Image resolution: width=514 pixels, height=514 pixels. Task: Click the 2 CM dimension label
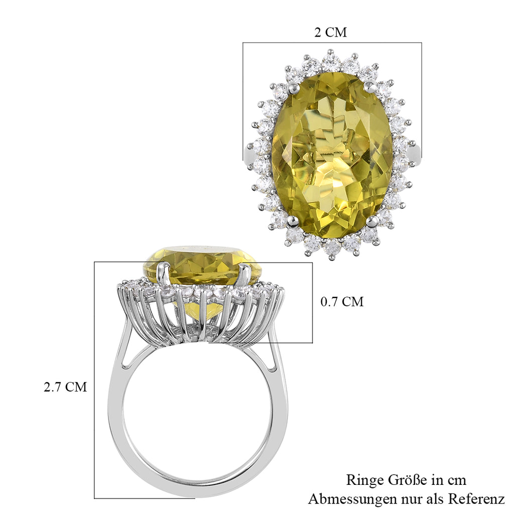pyautogui.click(x=330, y=33)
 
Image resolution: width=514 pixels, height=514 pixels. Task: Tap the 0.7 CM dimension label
pyautogui.click(x=342, y=302)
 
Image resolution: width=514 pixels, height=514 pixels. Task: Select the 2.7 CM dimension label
pyautogui.click(x=65, y=387)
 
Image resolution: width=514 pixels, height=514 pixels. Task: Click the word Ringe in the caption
pyautogui.click(x=365, y=480)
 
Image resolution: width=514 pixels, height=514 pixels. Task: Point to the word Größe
pyautogui.click(x=408, y=480)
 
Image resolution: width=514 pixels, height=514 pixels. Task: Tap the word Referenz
pyautogui.click(x=476, y=499)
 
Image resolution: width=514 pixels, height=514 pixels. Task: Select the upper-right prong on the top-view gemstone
pyautogui.click(x=370, y=86)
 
